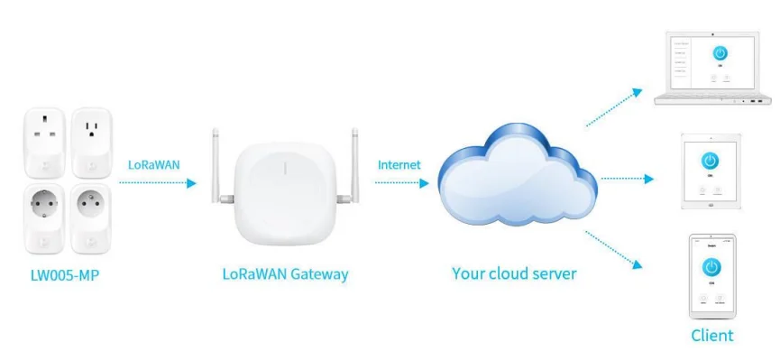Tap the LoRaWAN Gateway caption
coord(285,273)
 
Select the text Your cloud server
coord(514,273)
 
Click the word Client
coord(711,336)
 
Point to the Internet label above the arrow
coord(399,165)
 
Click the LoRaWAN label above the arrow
coord(154,165)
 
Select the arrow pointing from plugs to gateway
coord(157,183)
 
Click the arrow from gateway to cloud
coord(401,183)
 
